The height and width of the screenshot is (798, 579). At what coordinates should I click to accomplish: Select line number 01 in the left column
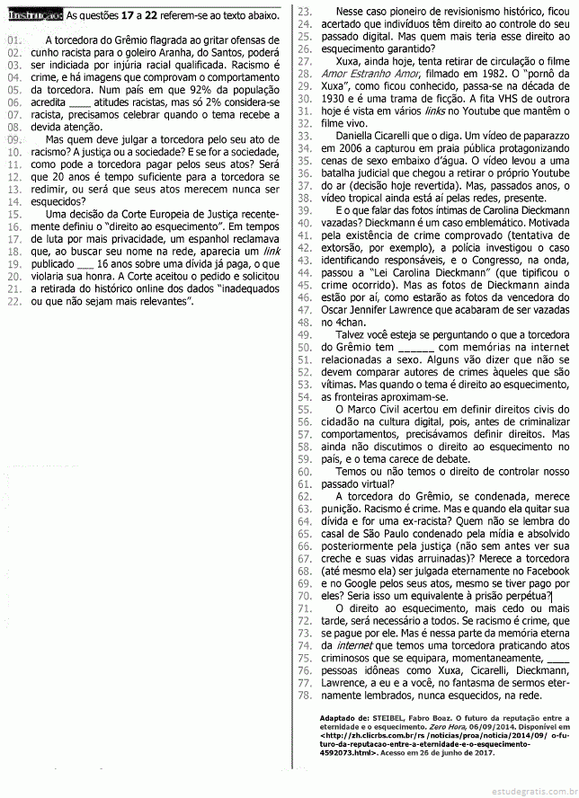pyautogui.click(x=13, y=41)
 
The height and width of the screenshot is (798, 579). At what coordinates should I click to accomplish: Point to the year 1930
pyautogui.click(x=338, y=99)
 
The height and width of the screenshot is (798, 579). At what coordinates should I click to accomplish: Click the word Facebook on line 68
pyautogui.click(x=543, y=570)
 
